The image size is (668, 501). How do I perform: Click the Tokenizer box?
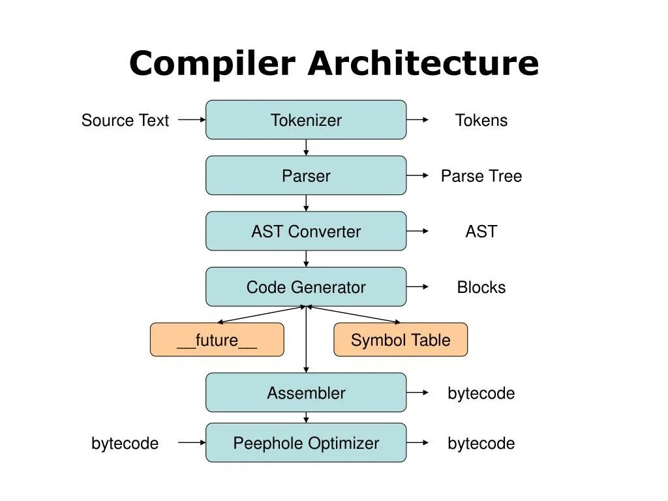pyautogui.click(x=306, y=120)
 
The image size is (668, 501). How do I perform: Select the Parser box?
pyautogui.click(x=306, y=175)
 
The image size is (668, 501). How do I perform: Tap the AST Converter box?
pyautogui.click(x=306, y=232)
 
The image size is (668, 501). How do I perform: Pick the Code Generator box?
pyautogui.click(x=306, y=287)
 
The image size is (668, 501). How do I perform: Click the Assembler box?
pyautogui.click(x=306, y=392)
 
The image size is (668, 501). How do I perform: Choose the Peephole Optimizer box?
pyautogui.click(x=306, y=443)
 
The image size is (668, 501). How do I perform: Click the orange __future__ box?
pyautogui.click(x=217, y=339)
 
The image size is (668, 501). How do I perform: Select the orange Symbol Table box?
pyautogui.click(x=401, y=339)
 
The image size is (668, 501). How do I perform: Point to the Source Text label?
pyautogui.click(x=125, y=120)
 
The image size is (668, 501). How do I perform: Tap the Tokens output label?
pyautogui.click(x=481, y=120)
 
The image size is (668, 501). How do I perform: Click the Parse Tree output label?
pyautogui.click(x=481, y=176)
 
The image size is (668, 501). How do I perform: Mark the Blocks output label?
pyautogui.click(x=481, y=287)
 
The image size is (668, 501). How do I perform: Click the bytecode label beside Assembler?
pyautogui.click(x=481, y=393)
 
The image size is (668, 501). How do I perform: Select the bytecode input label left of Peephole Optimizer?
pyautogui.click(x=125, y=444)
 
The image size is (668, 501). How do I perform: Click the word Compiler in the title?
pyautogui.click(x=212, y=63)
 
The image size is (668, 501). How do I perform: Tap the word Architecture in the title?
pyautogui.click(x=423, y=63)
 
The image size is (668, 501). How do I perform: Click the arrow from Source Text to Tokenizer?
pyautogui.click(x=192, y=120)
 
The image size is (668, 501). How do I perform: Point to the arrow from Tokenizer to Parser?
pyautogui.click(x=306, y=147)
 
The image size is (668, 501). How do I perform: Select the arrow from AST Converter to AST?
pyautogui.click(x=417, y=231)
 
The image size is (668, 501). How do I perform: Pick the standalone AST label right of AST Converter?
pyautogui.click(x=481, y=232)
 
